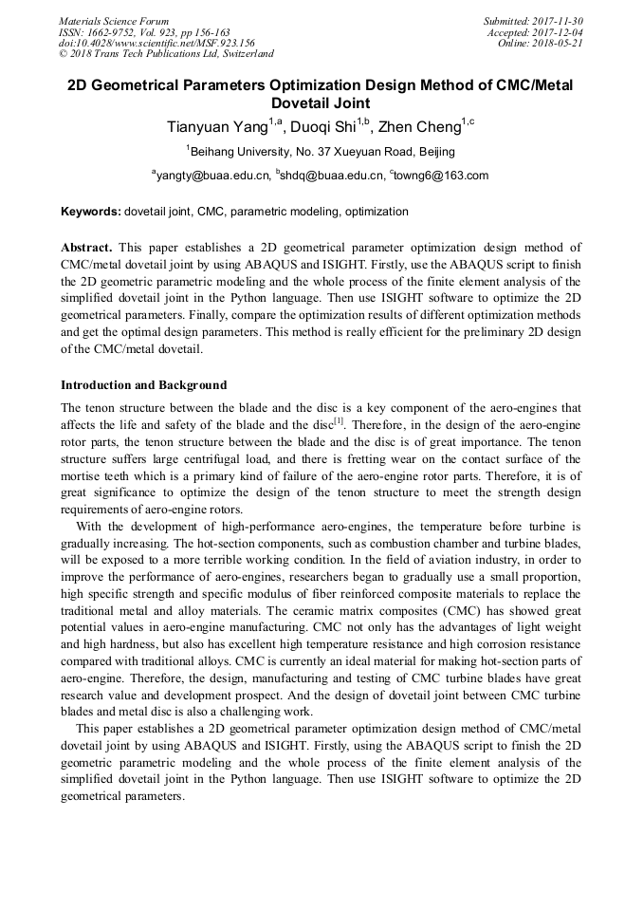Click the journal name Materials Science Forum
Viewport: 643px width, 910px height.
coord(114,21)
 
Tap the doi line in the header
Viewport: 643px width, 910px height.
coord(156,43)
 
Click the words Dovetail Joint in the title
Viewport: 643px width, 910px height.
coord(321,102)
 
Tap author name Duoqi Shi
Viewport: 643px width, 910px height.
coord(319,127)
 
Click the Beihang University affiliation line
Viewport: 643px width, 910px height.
coord(321,152)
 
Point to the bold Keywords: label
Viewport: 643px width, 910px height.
coord(91,212)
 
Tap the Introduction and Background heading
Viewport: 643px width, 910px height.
coord(144,385)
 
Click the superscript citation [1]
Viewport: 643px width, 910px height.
coord(339,420)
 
